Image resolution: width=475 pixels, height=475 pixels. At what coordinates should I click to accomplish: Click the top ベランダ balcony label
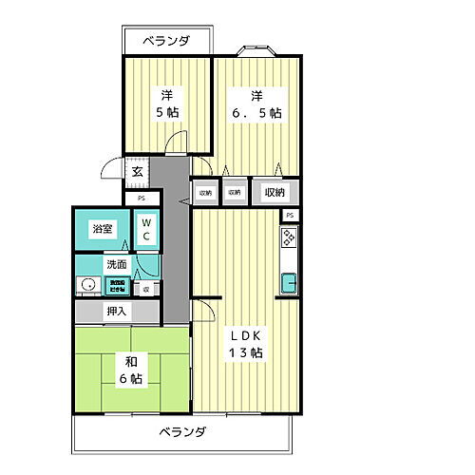point(167,42)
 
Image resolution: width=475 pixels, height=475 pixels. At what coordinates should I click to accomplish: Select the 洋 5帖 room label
point(166,103)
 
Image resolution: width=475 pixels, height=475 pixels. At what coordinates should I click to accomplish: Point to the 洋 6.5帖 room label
point(256,103)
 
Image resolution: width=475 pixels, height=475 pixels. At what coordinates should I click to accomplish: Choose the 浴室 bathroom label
point(102,229)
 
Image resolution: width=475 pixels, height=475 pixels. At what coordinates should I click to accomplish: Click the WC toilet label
point(146,230)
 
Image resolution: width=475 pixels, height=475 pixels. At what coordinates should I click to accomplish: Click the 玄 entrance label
point(137,172)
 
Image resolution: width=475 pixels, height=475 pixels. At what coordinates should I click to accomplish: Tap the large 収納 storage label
point(275,192)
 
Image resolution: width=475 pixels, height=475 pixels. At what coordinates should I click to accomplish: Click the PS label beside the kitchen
point(289,216)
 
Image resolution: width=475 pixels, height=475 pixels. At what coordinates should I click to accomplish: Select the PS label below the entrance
point(142,198)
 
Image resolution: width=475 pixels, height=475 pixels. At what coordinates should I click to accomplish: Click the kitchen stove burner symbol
point(288,243)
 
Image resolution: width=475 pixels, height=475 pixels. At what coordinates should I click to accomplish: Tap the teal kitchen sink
point(289,282)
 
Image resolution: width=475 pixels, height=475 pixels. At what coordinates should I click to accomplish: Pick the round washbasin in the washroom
point(88,285)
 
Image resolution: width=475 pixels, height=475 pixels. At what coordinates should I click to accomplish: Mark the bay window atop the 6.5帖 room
point(256,50)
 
